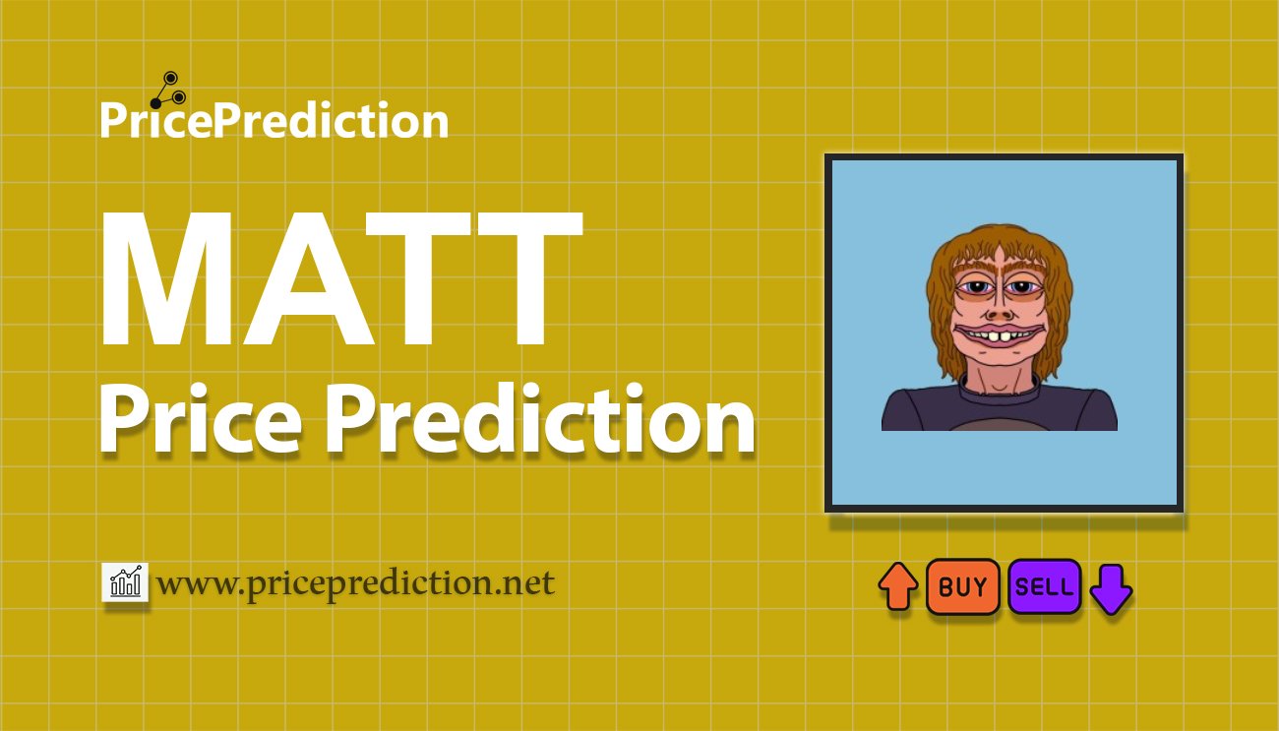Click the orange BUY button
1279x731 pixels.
pos(962,587)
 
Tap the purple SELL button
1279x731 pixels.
pos(1044,587)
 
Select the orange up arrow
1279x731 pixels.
pos(897,586)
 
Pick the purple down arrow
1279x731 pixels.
pos(1112,588)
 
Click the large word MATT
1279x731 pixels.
pos(340,280)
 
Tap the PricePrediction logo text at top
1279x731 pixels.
pos(274,121)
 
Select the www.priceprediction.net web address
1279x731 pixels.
pos(356,583)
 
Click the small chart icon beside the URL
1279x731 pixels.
pos(125,582)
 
